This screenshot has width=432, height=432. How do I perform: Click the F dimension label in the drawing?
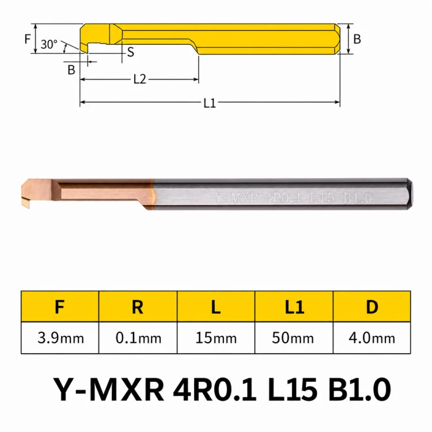tap(27, 39)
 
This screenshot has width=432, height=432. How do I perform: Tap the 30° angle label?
tap(49, 44)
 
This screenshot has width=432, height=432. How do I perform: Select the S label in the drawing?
tap(131, 52)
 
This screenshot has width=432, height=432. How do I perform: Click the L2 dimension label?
tap(140, 79)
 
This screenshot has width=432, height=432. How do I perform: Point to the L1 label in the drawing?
tap(210, 103)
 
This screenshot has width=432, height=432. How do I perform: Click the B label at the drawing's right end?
tap(357, 39)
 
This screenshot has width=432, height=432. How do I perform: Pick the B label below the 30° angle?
tap(71, 70)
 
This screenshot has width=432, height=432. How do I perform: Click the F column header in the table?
tap(60, 306)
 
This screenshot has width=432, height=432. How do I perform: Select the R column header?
tap(138, 306)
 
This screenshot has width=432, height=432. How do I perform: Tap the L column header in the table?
tap(216, 306)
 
